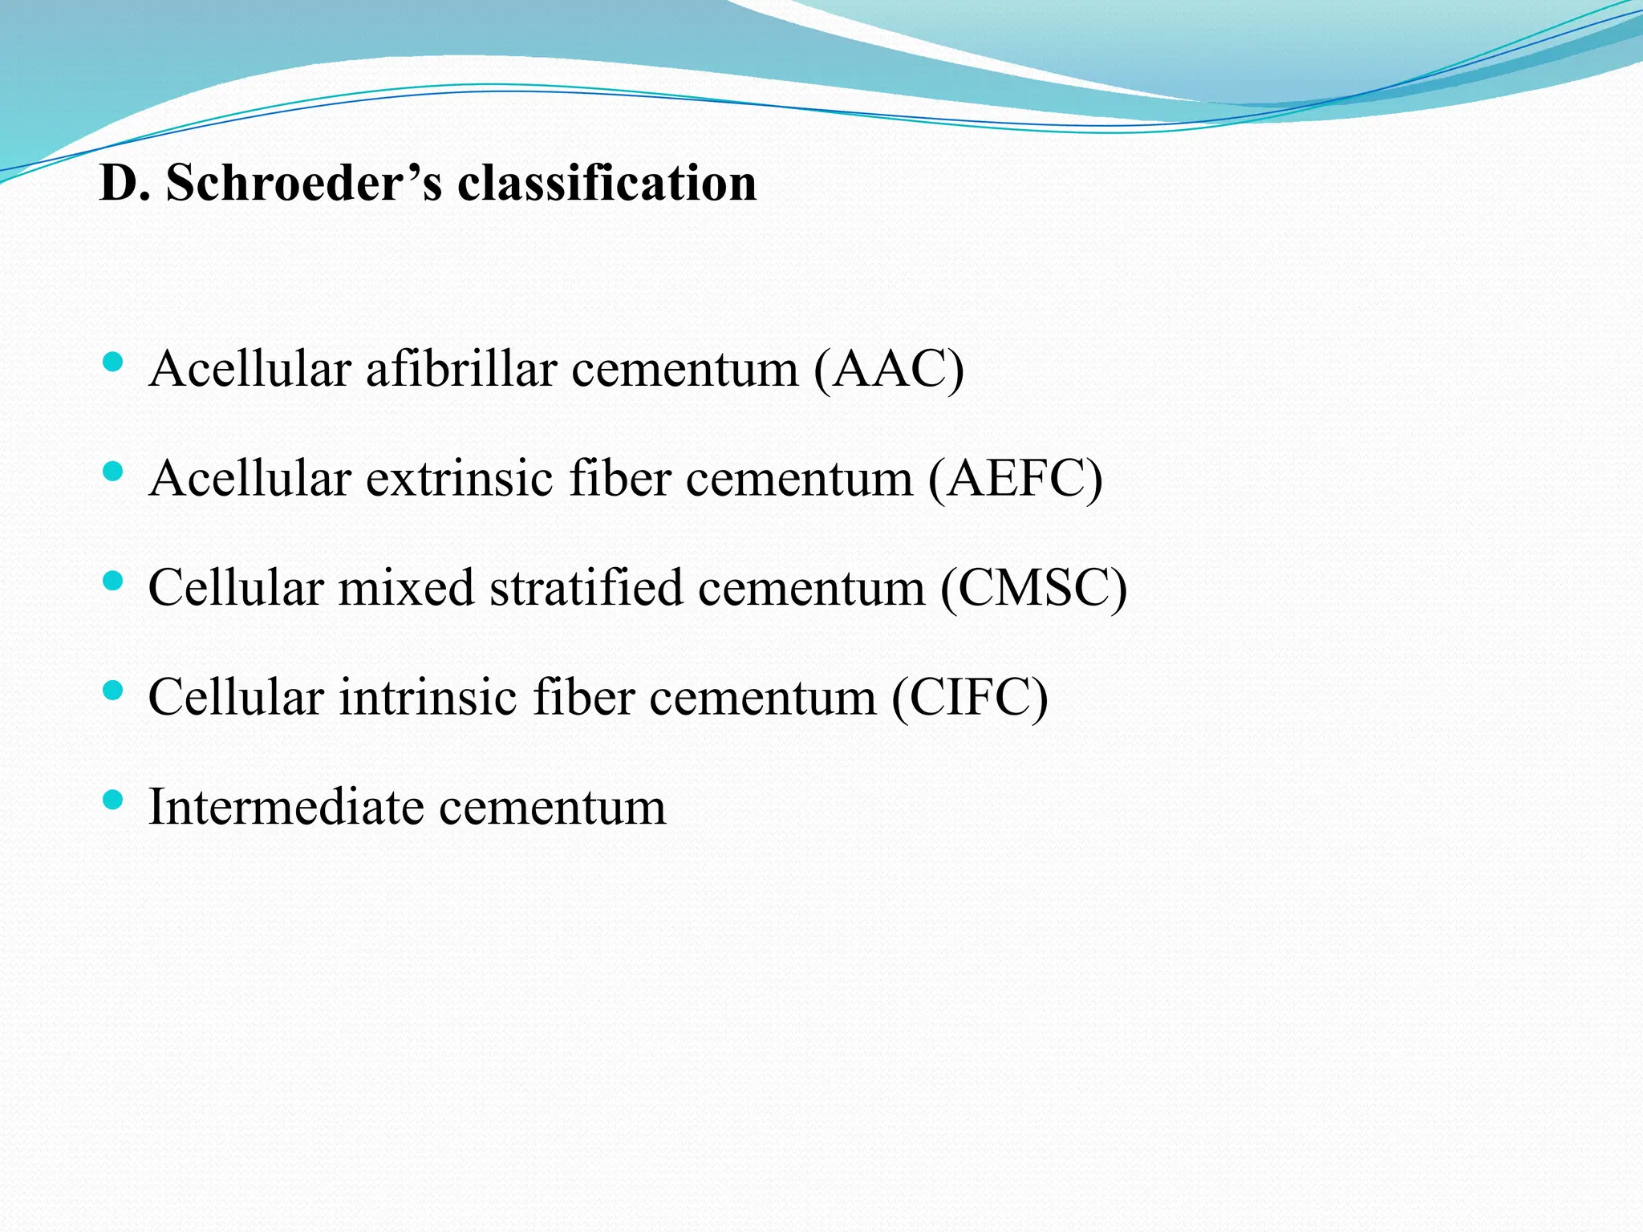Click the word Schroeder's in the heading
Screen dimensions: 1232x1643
pos(303,183)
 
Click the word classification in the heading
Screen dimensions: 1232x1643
pos(606,183)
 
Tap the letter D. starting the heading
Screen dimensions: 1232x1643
pos(124,183)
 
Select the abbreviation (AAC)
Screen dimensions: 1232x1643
pos(888,369)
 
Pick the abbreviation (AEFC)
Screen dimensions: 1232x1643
pos(1015,478)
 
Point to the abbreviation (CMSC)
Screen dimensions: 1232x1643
pos(1033,587)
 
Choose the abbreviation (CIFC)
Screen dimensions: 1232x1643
pos(969,696)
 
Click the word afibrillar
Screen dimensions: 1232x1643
pos(461,369)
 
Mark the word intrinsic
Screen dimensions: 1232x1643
pos(427,696)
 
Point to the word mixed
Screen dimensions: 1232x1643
pos(406,587)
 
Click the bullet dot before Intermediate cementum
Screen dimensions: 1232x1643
pos(113,799)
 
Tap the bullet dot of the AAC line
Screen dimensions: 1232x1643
pos(113,362)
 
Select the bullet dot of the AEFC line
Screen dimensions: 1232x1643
pos(113,471)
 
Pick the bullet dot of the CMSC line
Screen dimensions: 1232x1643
pos(113,580)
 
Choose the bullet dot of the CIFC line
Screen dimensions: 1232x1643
pos(113,690)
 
